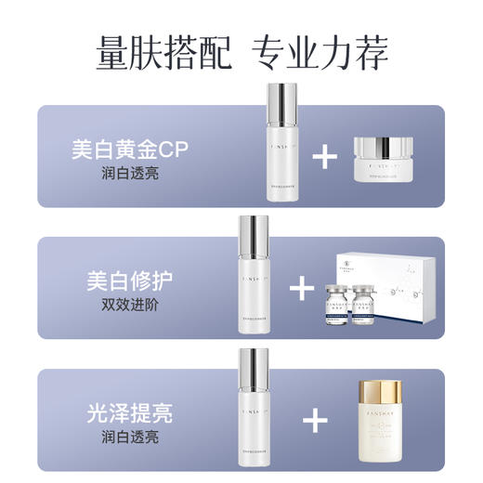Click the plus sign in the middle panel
[304, 289]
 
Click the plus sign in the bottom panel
[317, 422]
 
